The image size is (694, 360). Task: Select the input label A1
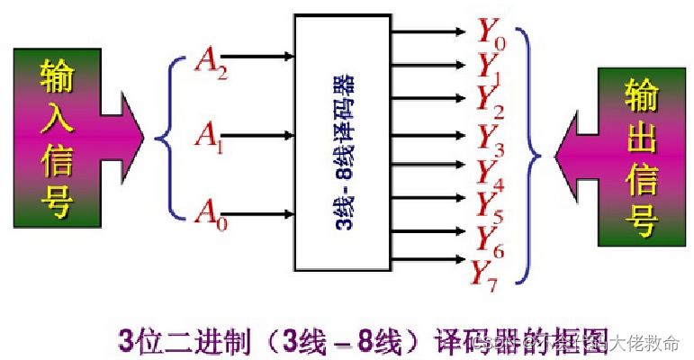(210, 137)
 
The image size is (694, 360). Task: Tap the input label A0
(211, 213)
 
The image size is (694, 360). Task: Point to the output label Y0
(491, 34)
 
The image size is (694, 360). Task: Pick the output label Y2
(491, 99)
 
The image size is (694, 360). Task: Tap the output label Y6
(491, 237)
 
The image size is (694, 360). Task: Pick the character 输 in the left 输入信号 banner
(55, 76)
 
